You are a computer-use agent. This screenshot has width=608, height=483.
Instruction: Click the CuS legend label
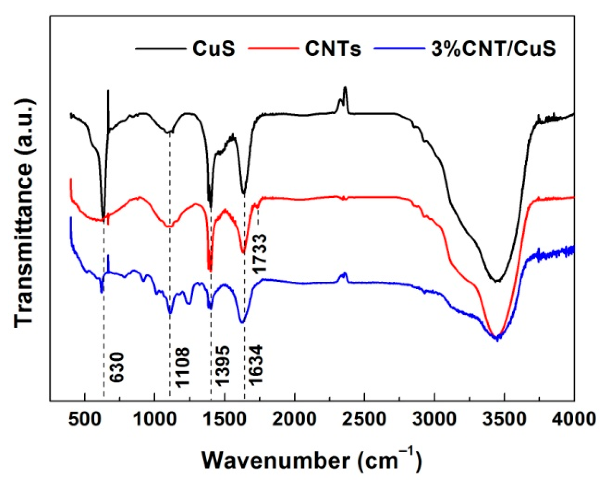(214, 48)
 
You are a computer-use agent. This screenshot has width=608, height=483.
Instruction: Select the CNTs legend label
(333, 48)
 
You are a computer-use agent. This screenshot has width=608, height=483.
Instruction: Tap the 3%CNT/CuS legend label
(494, 48)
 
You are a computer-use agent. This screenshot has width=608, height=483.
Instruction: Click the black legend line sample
(160, 48)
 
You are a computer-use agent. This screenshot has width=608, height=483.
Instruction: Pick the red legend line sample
(274, 48)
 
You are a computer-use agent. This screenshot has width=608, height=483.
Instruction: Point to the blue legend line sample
(399, 48)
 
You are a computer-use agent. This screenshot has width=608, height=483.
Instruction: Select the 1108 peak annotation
(182, 367)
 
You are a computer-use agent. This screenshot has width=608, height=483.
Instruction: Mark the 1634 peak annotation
(256, 365)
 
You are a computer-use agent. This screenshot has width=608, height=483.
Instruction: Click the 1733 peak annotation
(260, 253)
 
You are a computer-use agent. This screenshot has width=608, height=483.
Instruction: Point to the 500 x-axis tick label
(84, 419)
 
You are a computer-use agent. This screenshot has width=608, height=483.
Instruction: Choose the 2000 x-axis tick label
(295, 419)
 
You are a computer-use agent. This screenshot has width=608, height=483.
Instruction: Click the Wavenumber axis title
(312, 460)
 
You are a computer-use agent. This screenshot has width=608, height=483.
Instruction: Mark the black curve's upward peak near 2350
(345, 89)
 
